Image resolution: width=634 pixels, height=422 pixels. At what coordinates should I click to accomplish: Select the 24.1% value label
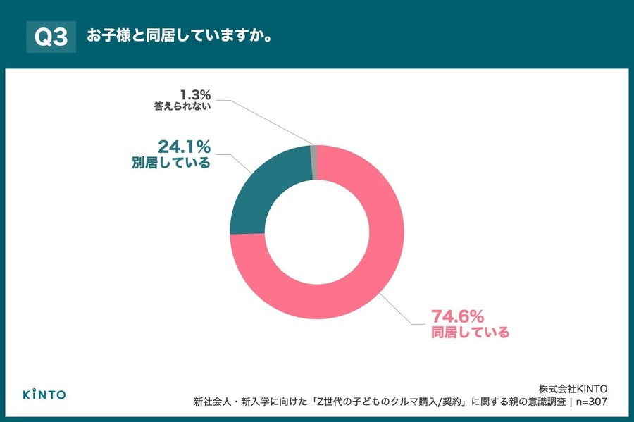[x=184, y=147]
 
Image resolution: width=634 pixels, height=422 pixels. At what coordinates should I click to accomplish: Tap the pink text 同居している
[x=469, y=332]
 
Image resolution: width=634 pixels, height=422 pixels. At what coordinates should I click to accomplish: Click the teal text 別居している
[x=170, y=163]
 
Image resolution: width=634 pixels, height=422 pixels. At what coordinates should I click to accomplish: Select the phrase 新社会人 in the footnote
[x=218, y=402]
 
